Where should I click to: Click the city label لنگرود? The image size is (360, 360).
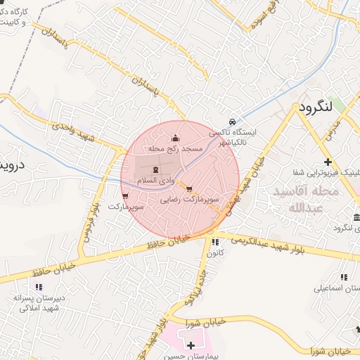pyautogui.click(x=314, y=108)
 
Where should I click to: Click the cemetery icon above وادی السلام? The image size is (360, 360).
pyautogui.click(x=156, y=169)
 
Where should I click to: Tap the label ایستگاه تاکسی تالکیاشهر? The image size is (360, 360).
pyautogui.click(x=235, y=137)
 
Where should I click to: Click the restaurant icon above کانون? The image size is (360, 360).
pyautogui.click(x=215, y=242)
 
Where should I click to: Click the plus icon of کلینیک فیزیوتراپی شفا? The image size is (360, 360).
pyautogui.click(x=328, y=162)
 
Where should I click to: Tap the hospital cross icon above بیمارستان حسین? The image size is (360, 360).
pyautogui.click(x=191, y=345)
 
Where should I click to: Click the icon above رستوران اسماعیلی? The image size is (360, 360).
pyautogui.click(x=344, y=277)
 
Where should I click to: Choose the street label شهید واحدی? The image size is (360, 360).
pyautogui.click(x=77, y=131)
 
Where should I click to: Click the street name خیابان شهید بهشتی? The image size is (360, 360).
pyautogui.click(x=250, y=180)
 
